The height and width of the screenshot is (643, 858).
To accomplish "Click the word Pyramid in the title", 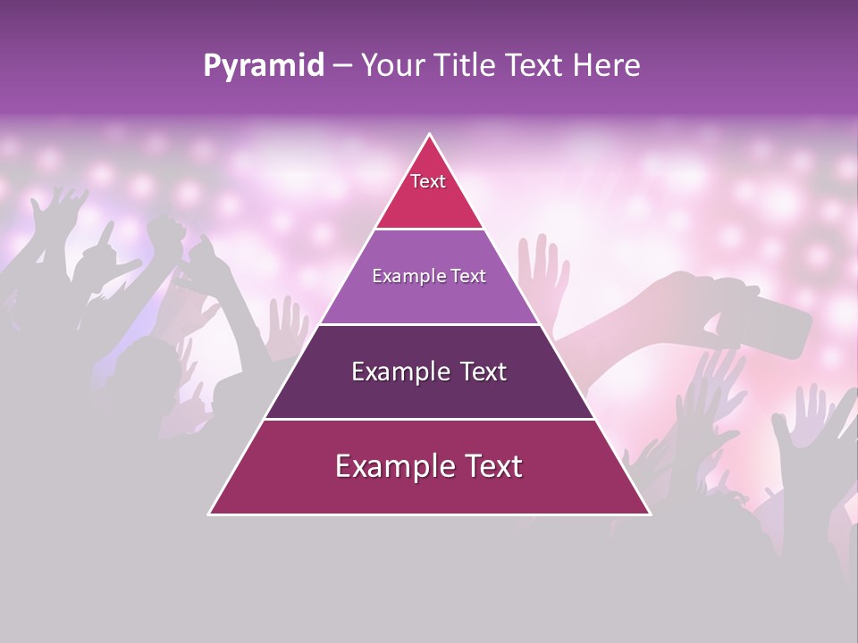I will pyautogui.click(x=264, y=66).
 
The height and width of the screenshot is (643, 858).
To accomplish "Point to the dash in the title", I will pyautogui.click(x=342, y=66).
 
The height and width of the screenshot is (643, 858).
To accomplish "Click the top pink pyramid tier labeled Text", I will pyautogui.click(x=428, y=192).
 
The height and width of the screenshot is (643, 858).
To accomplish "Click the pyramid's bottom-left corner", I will pyautogui.click(x=211, y=514).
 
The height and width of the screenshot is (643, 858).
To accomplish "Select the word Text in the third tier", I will pyautogui.click(x=480, y=372).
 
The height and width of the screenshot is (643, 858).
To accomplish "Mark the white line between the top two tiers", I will pyautogui.click(x=429, y=230).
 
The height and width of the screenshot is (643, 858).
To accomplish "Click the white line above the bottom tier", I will pyautogui.click(x=429, y=419).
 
